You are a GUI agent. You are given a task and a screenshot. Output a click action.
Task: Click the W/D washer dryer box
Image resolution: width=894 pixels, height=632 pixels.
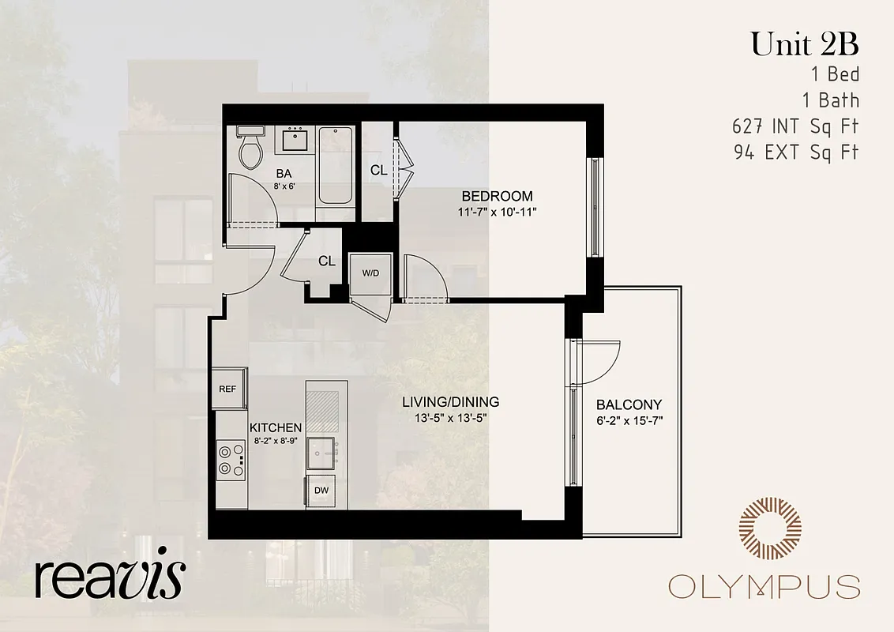click(370, 273)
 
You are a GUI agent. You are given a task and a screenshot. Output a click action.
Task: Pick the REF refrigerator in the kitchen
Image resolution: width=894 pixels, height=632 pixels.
click(228, 389)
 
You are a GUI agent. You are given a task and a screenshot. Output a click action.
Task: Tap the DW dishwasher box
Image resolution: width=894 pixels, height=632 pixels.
click(321, 491)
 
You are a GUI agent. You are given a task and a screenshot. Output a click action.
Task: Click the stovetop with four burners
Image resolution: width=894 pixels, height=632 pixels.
click(231, 460)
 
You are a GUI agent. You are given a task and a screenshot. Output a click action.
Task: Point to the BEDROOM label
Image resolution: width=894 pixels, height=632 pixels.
click(497, 196)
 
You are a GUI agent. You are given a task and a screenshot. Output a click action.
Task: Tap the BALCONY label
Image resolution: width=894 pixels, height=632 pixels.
click(629, 404)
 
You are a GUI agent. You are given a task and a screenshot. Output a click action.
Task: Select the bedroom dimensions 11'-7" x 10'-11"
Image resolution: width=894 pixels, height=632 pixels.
click(497, 212)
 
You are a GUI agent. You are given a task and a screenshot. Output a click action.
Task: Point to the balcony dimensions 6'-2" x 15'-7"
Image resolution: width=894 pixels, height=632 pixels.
click(629, 420)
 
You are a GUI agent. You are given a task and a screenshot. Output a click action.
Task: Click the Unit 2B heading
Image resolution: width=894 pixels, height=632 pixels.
click(804, 44)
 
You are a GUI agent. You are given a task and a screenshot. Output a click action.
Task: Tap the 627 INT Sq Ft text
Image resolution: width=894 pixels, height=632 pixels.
click(795, 126)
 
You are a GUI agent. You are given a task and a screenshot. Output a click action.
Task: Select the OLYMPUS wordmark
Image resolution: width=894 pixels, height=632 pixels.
click(764, 587)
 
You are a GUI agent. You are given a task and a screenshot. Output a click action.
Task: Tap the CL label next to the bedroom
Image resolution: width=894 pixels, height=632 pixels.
click(378, 170)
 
